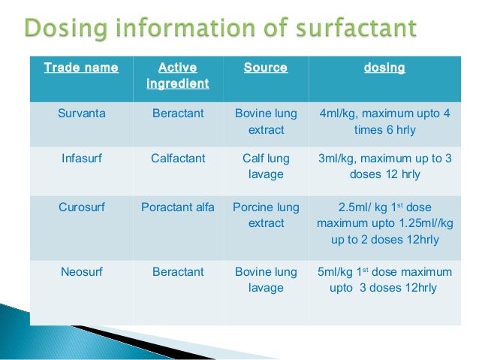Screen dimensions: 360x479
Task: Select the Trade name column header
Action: click(x=81, y=68)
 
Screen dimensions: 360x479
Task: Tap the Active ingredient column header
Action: click(x=178, y=76)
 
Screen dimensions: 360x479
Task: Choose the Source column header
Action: click(x=266, y=68)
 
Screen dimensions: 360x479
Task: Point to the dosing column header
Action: click(x=384, y=68)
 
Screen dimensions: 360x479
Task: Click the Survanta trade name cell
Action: click(x=81, y=114)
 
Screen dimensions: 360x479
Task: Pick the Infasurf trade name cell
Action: click(x=81, y=159)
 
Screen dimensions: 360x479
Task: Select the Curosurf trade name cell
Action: click(x=81, y=207)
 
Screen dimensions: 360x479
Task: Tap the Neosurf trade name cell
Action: click(x=81, y=272)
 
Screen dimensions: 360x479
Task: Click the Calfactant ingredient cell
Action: click(x=178, y=159)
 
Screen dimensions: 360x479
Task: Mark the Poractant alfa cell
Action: click(x=178, y=207)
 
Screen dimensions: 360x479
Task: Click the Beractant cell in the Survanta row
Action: click(x=178, y=114)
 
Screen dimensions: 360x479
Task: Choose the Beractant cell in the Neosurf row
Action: click(x=178, y=272)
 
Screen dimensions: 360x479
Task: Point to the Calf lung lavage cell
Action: click(x=266, y=166)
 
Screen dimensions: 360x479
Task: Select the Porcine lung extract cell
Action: click(x=266, y=215)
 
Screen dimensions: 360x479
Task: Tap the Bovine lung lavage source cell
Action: click(x=266, y=280)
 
